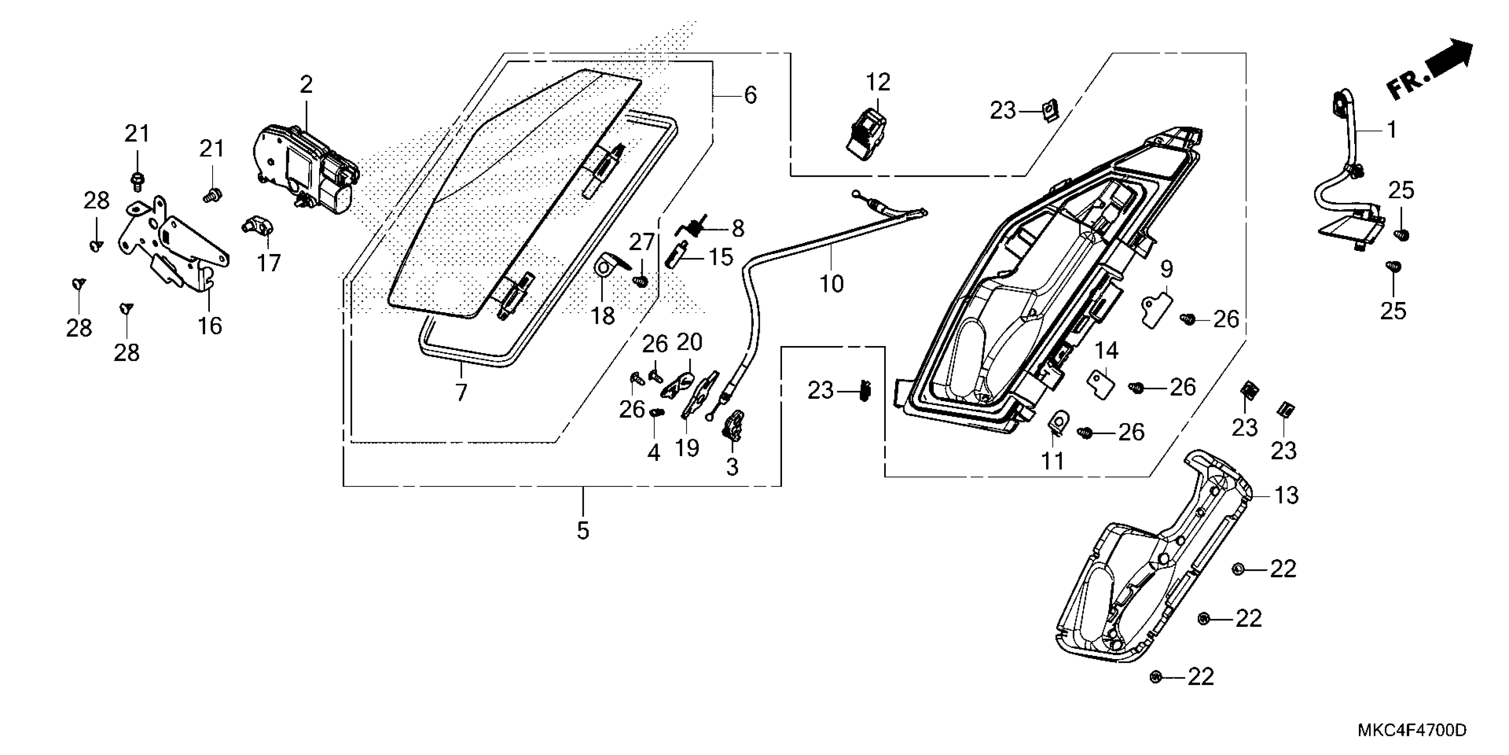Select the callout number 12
pos(877,83)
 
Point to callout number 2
pos(306,86)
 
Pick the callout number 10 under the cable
pos(831,284)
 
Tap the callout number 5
pos(582,530)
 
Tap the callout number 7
pos(461,392)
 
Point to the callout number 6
pos(751,95)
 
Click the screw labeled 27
pos(641,282)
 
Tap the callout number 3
pos(732,467)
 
